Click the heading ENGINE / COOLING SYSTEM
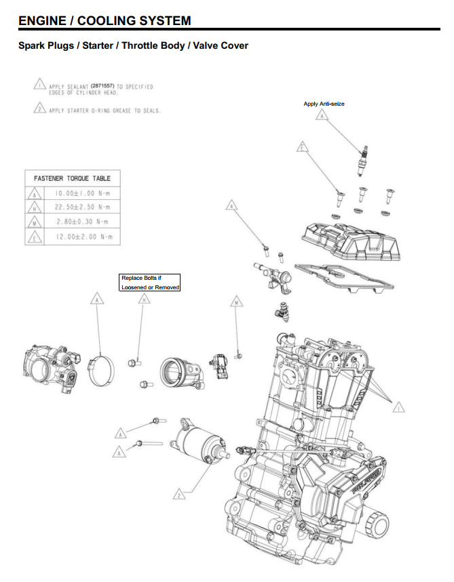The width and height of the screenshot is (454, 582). coord(105,20)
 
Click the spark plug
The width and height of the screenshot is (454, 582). coord(365,154)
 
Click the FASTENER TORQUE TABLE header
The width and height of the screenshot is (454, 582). coord(72,178)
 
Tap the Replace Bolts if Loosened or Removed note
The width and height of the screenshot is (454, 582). coord(150,283)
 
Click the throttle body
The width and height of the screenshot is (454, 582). coord(49,369)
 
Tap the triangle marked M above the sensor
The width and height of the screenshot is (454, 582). coord(236,301)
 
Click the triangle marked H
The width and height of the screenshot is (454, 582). coord(143,301)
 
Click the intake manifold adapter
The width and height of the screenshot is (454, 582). coord(180,373)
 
